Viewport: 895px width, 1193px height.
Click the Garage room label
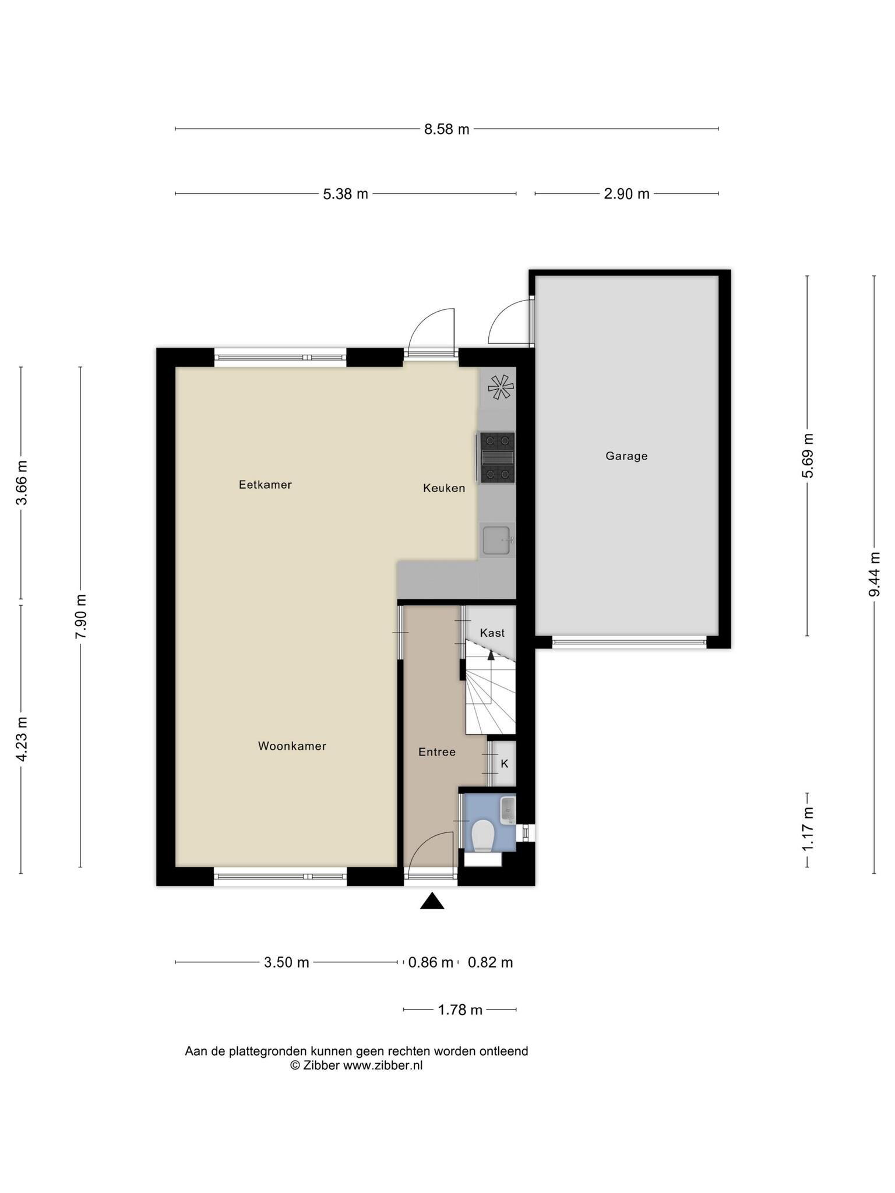pyautogui.click(x=626, y=456)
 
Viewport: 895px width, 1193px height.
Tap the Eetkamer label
pyautogui.click(x=265, y=485)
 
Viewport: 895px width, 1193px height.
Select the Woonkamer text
pyautogui.click(x=292, y=746)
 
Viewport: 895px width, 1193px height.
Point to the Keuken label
pyautogui.click(x=444, y=488)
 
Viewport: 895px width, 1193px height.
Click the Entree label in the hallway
pyautogui.click(x=437, y=752)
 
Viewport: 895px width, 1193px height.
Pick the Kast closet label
pyautogui.click(x=492, y=633)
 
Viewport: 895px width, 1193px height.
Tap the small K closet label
pyautogui.click(x=505, y=763)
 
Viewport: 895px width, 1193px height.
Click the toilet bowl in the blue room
pyautogui.click(x=483, y=835)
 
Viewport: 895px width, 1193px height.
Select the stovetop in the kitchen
pyautogui.click(x=498, y=457)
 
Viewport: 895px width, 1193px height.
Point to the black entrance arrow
pyautogui.click(x=432, y=901)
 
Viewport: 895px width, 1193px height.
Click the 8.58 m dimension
pyautogui.click(x=447, y=129)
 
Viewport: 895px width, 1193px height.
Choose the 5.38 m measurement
pyautogui.click(x=346, y=194)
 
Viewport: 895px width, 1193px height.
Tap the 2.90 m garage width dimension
pyautogui.click(x=626, y=194)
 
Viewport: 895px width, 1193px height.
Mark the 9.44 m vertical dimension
pyautogui.click(x=874, y=574)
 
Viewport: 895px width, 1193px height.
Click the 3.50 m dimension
pyautogui.click(x=287, y=962)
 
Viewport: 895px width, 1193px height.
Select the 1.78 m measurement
pyautogui.click(x=460, y=1010)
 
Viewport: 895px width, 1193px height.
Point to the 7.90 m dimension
pyautogui.click(x=80, y=617)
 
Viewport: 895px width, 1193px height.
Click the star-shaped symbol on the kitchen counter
pyautogui.click(x=501, y=387)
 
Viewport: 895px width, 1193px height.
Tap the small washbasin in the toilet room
pyautogui.click(x=508, y=810)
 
